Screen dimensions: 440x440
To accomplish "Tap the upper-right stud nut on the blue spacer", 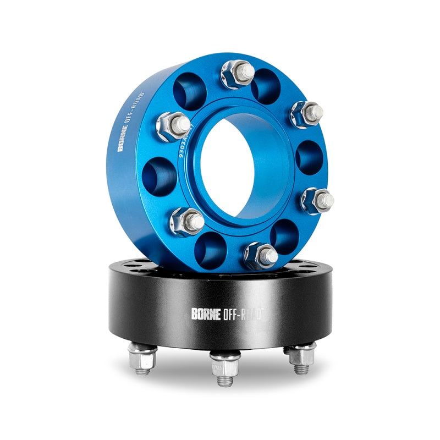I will [307, 114].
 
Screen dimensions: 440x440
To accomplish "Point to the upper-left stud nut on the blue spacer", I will [174, 125].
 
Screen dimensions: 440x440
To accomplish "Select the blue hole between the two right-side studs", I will [309, 157].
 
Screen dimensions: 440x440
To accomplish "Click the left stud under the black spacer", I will [143, 359].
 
